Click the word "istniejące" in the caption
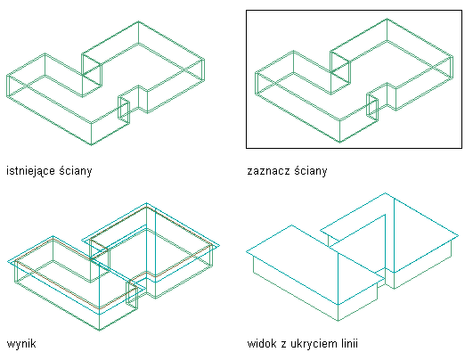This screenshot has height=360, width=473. click(31, 171)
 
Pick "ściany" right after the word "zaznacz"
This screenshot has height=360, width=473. click(311, 171)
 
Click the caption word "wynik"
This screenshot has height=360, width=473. click(21, 343)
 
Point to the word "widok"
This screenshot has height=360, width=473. click(261, 343)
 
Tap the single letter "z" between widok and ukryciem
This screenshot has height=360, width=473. click(283, 344)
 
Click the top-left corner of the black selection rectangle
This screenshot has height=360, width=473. click(247, 11)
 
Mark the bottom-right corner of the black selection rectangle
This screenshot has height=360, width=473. click(461, 148)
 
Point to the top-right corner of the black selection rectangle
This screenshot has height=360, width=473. click(461, 11)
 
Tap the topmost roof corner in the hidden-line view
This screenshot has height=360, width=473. click(385, 192)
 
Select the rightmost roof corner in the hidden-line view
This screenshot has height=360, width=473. click(459, 235)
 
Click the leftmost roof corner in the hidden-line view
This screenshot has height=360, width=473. click(247, 251)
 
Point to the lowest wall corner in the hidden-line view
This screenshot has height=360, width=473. click(338, 321)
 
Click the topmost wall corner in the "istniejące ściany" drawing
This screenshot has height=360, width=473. click(138, 21)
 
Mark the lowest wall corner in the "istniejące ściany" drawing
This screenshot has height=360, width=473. click(92, 145)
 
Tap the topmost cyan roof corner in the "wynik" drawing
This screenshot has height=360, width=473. click(147, 203)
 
